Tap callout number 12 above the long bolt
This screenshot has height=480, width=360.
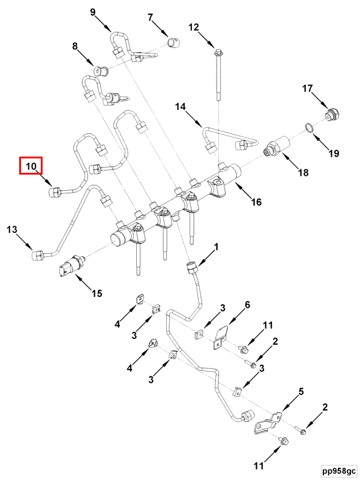[x=194, y=27]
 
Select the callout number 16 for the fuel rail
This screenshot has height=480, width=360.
[x=256, y=202]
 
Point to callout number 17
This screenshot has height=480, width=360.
[x=307, y=89]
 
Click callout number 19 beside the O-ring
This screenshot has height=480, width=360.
[x=333, y=154]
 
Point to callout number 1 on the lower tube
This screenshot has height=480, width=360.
[x=217, y=247]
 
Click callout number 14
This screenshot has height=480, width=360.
[x=181, y=107]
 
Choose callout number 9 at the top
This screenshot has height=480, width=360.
[x=94, y=12]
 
